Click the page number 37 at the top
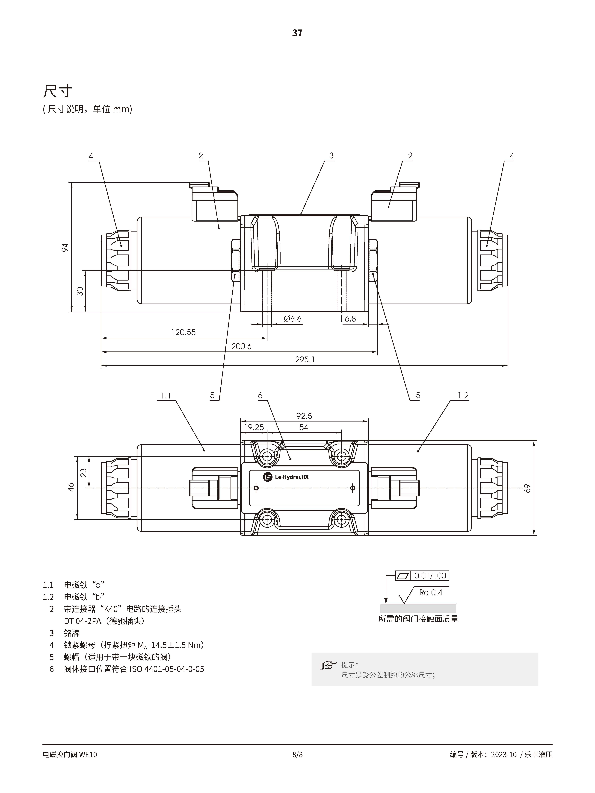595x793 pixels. pos(297,33)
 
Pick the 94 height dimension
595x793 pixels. pos(65,247)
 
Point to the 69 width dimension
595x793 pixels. pos(527,488)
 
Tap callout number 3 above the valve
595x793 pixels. pos(331,156)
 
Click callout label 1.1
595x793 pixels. pos(166,396)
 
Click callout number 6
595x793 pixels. pos(260,395)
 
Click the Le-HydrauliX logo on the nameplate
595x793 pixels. pos(286,477)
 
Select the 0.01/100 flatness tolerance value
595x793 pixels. pos(430,576)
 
